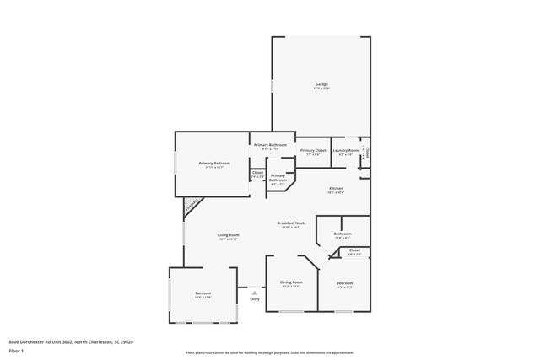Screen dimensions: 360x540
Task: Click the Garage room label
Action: [321, 85]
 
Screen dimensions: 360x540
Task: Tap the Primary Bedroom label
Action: [214, 164]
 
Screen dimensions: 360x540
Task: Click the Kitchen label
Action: [336, 189]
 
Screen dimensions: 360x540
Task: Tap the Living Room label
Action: [229, 235]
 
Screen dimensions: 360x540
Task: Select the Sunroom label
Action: [202, 294]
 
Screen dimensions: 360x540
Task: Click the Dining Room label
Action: [291, 284]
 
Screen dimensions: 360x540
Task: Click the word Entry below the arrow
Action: [255, 299]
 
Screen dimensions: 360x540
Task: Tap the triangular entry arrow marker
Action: [255, 292]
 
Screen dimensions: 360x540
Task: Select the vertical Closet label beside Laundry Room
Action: [367, 154]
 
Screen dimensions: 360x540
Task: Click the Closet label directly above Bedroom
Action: [354, 251]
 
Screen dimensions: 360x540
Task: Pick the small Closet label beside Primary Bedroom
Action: [257, 175]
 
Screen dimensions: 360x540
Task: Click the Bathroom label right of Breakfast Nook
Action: [343, 234]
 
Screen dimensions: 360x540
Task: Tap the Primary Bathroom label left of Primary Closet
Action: [271, 146]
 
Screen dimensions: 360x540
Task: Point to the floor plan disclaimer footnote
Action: [269, 353]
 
